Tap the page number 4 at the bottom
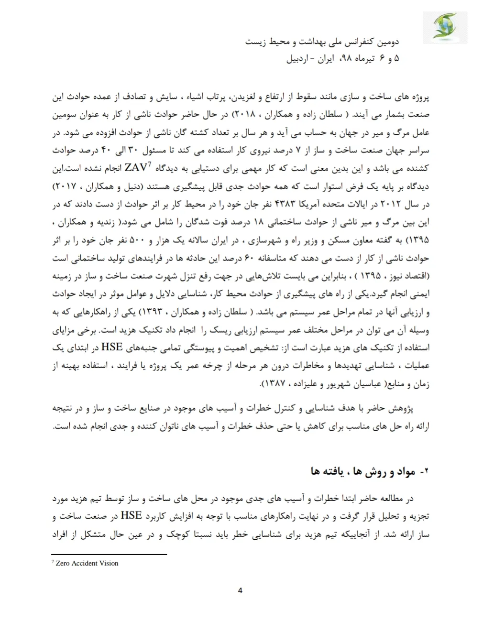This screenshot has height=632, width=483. click(x=240, y=590)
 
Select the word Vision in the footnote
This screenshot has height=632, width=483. click(x=109, y=563)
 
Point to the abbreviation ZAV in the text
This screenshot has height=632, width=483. click(x=136, y=168)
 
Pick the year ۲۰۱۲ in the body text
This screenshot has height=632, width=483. click(x=391, y=205)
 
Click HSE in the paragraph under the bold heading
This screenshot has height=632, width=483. click(x=131, y=515)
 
